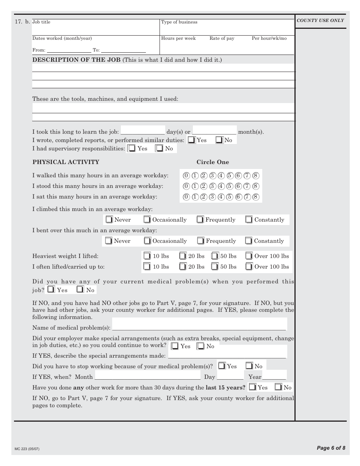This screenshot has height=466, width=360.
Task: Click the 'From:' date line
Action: [x=69, y=50]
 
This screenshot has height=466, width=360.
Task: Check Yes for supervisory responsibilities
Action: [x=131, y=149]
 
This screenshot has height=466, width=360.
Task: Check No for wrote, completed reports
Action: [x=219, y=140]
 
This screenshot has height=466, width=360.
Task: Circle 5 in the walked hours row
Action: [x=230, y=175]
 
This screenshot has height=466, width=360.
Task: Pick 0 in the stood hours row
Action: [x=186, y=186]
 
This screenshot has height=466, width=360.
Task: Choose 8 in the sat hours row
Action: [x=256, y=197]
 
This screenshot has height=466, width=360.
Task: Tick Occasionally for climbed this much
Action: [x=147, y=220]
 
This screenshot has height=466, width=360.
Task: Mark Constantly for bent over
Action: [x=249, y=241]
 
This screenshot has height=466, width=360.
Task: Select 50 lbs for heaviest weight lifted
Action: [x=215, y=256]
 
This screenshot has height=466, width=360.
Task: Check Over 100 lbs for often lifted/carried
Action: [x=249, y=267]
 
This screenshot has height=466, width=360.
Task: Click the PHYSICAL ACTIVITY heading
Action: [x=66, y=162]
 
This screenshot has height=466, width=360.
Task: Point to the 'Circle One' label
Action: [x=213, y=162]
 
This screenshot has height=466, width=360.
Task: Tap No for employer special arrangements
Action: [x=200, y=346]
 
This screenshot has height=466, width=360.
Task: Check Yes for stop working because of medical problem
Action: [x=222, y=366]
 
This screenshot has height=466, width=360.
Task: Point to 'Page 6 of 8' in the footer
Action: [x=331, y=448]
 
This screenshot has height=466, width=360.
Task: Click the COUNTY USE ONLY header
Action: [x=320, y=20]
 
